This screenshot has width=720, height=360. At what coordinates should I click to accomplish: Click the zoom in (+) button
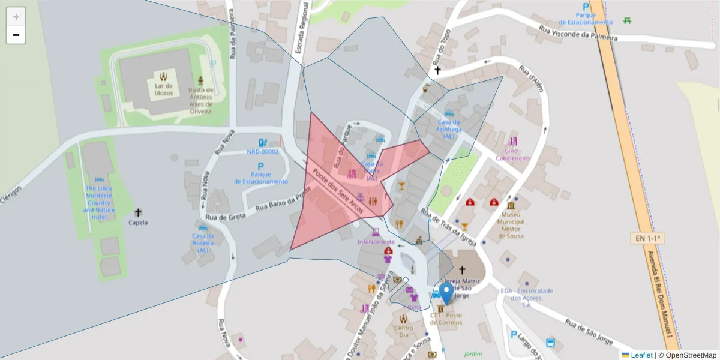tap(16, 17)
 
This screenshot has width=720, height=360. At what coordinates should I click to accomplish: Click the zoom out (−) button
tap(16, 35)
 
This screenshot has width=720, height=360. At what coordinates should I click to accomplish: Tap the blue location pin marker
tap(446, 293)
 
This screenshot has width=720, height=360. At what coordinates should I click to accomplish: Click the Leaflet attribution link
tap(641, 355)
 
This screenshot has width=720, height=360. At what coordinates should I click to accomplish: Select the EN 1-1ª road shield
tap(649, 238)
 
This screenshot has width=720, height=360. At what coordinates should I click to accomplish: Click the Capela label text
tap(138, 222)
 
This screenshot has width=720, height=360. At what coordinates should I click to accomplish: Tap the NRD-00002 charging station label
tap(263, 152)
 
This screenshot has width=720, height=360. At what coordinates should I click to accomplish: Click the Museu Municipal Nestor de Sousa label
tap(512, 225)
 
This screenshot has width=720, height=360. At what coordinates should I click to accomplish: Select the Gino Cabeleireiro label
tap(512, 155)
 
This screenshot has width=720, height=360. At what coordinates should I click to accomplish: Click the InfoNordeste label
tap(376, 242)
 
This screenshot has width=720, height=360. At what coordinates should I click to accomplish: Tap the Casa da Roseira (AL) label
tap(203, 243)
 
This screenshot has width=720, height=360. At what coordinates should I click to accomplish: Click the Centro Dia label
tap(404, 331)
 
